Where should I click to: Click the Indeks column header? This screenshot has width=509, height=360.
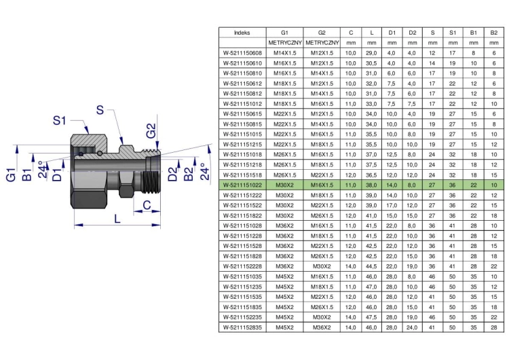(x=242, y=33)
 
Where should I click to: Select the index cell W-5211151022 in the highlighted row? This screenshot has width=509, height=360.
(x=242, y=185)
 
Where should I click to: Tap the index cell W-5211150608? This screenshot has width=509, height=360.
(x=242, y=53)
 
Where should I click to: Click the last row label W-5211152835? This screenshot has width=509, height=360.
(x=242, y=327)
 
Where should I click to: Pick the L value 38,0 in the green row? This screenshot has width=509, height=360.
(x=371, y=185)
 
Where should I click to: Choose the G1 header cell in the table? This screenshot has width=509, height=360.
(x=284, y=33)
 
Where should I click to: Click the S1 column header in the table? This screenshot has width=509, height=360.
(x=453, y=33)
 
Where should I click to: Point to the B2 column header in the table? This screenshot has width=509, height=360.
(x=494, y=33)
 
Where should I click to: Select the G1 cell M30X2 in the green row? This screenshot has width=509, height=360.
(x=284, y=185)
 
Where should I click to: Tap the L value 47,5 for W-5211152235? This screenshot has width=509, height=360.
(x=371, y=317)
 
